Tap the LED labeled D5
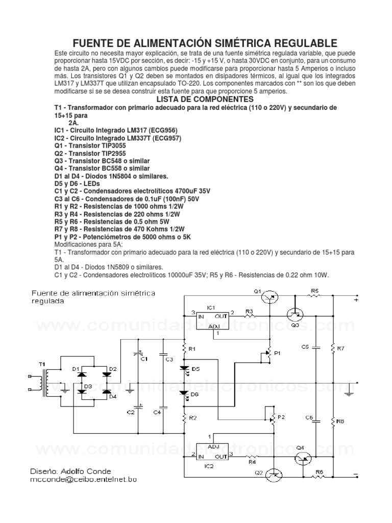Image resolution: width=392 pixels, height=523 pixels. click(x=185, y=368)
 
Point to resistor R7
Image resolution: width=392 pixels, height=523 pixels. click(x=333, y=348)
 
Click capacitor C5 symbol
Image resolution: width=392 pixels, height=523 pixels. click(x=315, y=348)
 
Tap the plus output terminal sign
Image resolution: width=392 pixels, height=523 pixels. click(x=356, y=301)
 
